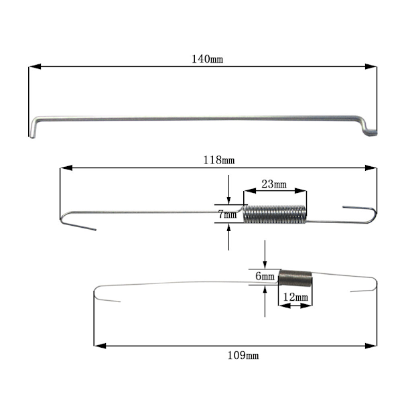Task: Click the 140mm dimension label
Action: coord(208,59)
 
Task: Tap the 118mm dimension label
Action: coord(219,160)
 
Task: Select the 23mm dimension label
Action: coord(274,184)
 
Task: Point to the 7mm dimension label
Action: coord(227,214)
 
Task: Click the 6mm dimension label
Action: coord(265,276)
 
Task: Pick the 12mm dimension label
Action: coord(295,297)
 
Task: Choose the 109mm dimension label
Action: coord(243,356)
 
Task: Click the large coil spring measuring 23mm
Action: coord(275,214)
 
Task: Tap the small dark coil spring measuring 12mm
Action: coord(295,278)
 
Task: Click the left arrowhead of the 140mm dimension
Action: coord(35,66)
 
